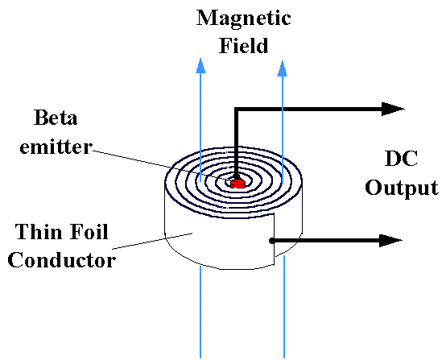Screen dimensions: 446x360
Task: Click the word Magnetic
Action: coord(243,19)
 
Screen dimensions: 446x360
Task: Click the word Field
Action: coord(243,46)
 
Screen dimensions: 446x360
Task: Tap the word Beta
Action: coord(56,118)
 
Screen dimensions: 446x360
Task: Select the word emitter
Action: coord(56,147)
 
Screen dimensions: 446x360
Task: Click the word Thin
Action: coord(38,232)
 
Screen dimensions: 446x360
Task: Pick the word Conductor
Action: coord(62,259)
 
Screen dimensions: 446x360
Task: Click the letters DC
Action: coord(401,159)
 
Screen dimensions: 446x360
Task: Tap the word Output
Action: coord(402,188)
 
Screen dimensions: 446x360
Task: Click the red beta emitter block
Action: coord(237,183)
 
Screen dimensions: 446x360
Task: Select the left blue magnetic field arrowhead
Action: coord(200,66)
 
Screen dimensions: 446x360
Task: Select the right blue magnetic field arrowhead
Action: coord(282,68)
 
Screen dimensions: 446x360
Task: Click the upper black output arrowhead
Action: coord(393,109)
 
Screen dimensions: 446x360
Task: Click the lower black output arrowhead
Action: coord(390,241)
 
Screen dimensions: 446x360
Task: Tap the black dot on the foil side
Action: coord(272,241)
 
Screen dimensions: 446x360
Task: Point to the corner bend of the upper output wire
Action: coord(236,110)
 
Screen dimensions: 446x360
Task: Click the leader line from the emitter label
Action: coord(162,165)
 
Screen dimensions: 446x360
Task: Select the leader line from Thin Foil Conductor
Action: coord(152,241)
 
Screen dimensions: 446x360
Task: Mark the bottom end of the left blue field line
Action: coord(200,358)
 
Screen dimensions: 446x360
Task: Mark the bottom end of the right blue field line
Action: coord(284,358)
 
